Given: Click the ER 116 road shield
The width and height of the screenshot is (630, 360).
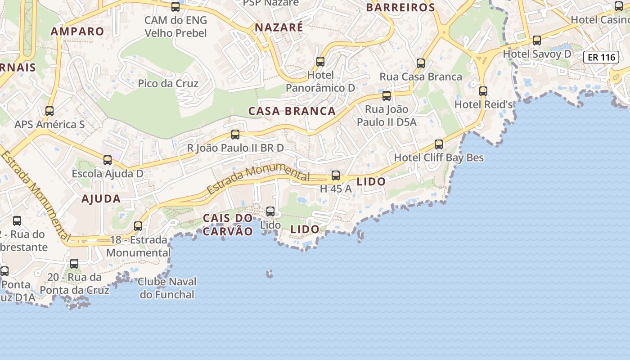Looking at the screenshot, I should tap(601, 57).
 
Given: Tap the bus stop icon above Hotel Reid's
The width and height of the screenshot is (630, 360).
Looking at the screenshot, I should tap(483, 91).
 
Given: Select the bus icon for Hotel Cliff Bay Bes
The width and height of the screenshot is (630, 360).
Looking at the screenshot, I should tap(439, 144).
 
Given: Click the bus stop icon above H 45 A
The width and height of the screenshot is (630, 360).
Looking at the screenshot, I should tap(336, 175).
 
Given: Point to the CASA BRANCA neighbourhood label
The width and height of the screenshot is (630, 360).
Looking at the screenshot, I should tap(292, 111).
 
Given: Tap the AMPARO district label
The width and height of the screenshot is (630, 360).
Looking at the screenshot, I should tap(77, 31).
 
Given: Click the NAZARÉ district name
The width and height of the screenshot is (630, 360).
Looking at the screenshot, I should tap(279, 27).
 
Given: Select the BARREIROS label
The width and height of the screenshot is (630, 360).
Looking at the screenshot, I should tap(400, 8).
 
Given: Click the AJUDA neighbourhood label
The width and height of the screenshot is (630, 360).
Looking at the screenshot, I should tap(101, 199).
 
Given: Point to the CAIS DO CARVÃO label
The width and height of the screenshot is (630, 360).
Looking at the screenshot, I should tap(228, 225).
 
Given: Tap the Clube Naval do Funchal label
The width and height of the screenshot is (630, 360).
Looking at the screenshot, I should tap(167, 288).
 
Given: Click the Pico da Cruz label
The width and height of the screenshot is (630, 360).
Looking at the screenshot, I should tap(168, 83).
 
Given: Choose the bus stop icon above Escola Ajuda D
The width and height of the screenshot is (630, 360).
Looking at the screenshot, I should tap(108, 160).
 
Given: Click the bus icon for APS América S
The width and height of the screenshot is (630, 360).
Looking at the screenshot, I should tap(49, 111).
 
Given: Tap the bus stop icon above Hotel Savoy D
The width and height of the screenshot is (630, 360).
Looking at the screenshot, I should tap(537, 40).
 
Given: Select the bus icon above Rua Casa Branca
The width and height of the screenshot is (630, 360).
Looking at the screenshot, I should tap(421, 63).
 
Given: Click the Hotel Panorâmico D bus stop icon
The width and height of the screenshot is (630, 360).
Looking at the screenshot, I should tap(320, 61).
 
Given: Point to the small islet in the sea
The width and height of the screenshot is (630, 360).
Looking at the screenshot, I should tap(270, 274).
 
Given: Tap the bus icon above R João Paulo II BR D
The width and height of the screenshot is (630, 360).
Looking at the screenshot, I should tap(235, 134).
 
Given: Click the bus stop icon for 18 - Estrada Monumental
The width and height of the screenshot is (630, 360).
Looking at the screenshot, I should tap(138, 226).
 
